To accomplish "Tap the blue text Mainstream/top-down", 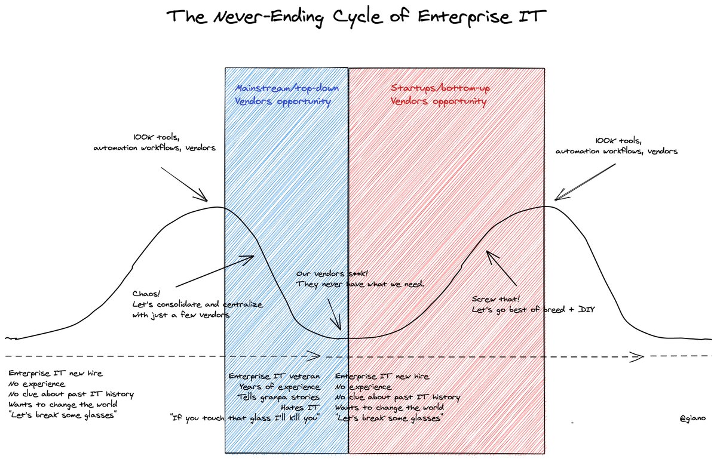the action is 287,88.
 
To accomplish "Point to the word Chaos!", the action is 145,293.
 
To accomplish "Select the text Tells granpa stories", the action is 278,397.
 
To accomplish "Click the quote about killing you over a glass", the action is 246,417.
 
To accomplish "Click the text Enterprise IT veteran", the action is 275,376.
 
